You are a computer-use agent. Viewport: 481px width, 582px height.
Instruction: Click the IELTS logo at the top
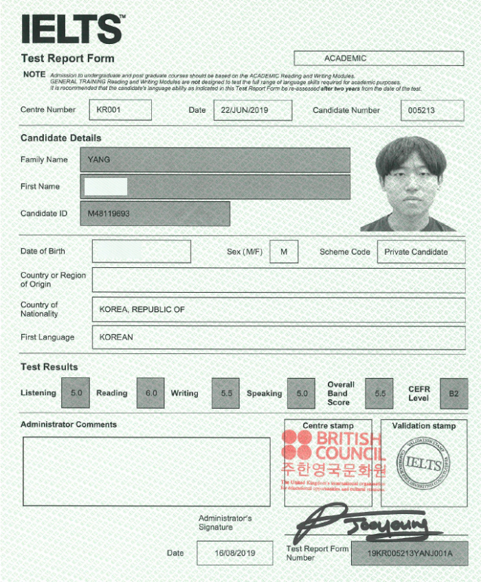[72, 29]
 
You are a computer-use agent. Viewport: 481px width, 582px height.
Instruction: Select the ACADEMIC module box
[379, 58]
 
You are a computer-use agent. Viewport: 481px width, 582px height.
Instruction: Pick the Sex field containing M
[284, 251]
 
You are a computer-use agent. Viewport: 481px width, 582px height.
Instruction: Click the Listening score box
[76, 393]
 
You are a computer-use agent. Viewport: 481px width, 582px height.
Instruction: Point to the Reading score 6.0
[150, 393]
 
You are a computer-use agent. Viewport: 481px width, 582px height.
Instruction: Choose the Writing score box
[225, 393]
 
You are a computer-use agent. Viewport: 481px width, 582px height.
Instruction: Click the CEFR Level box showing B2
[454, 393]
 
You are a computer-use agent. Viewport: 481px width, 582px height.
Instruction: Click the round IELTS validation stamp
[423, 464]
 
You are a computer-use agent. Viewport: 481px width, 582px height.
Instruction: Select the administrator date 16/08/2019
[234, 553]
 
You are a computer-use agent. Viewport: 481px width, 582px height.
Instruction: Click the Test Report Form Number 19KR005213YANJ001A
[410, 553]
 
